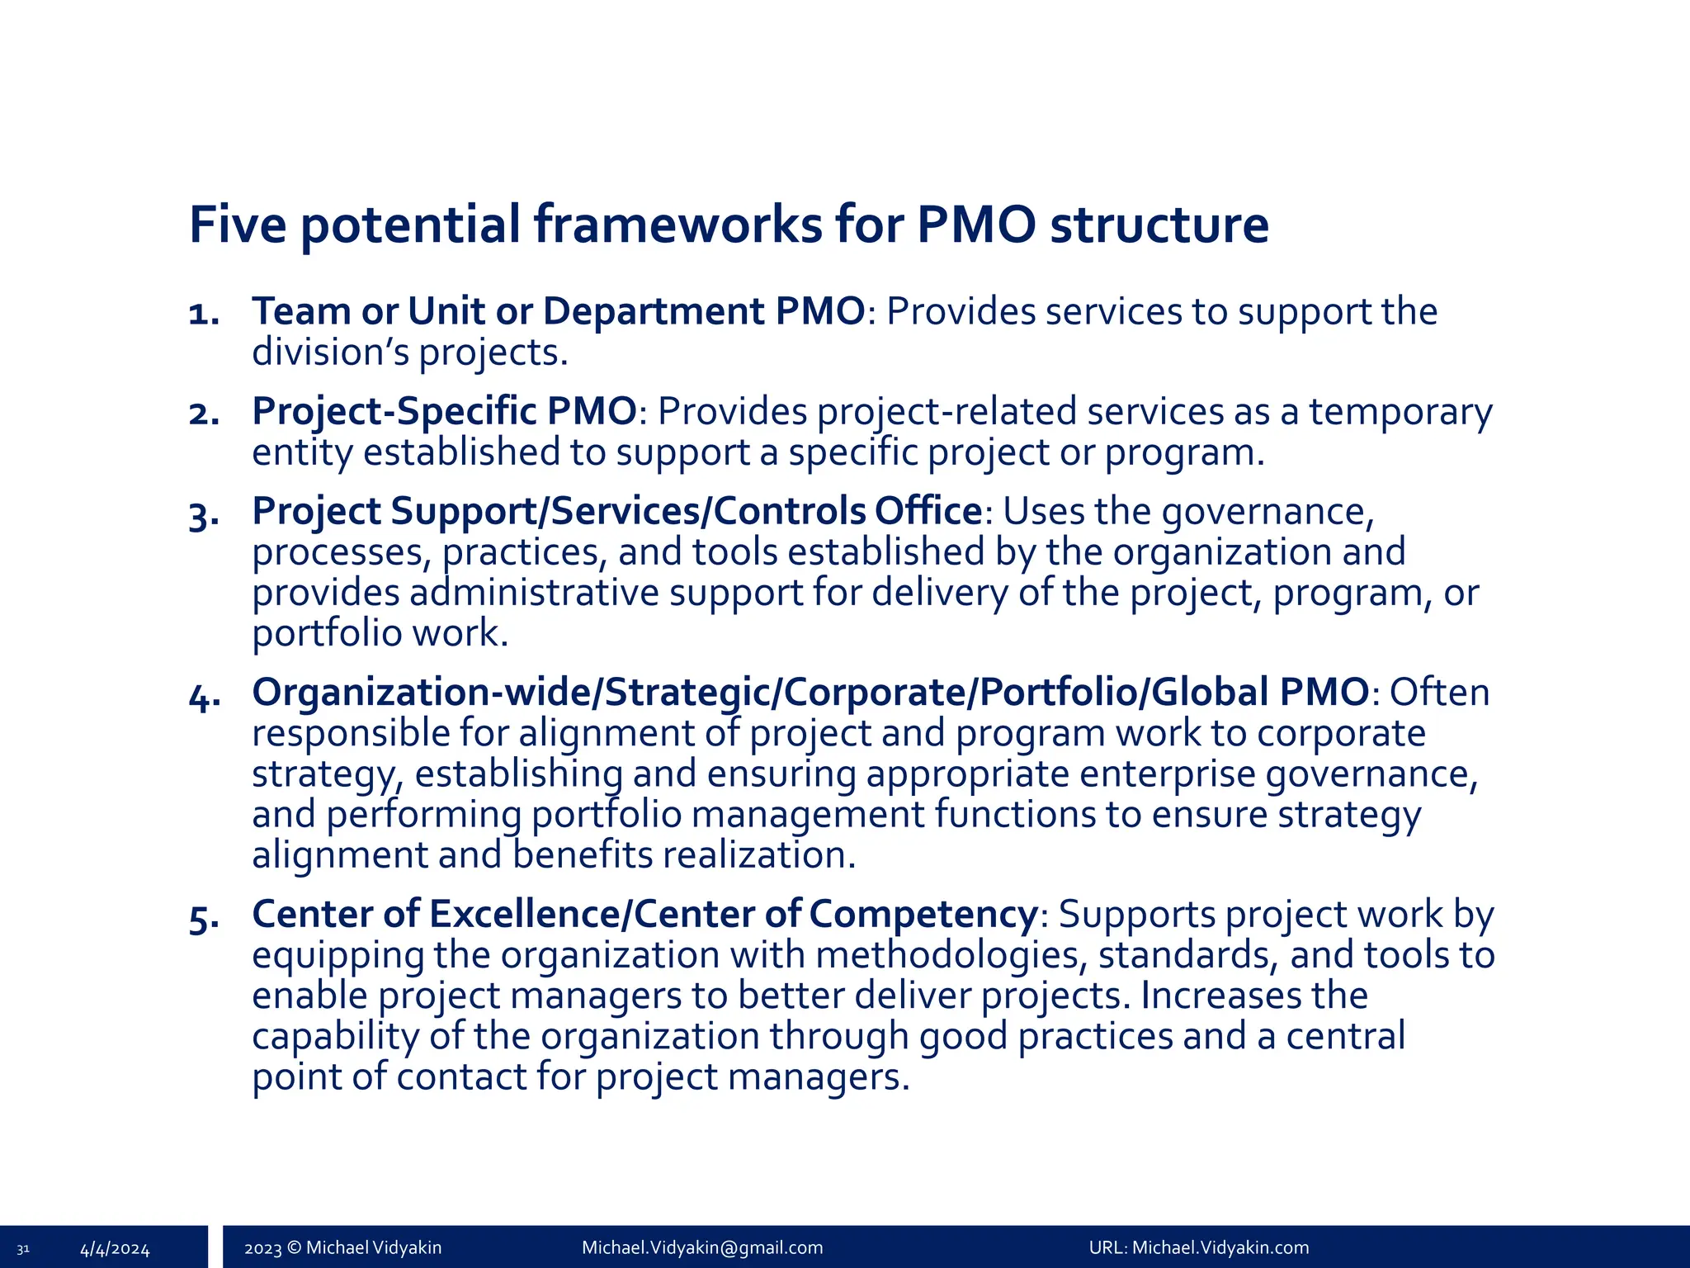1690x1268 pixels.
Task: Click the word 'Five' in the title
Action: [238, 225]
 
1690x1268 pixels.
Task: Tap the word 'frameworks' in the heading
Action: [677, 225]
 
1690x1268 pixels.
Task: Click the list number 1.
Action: [203, 314]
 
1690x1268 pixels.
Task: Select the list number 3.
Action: [203, 515]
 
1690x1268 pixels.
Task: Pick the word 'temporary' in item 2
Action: [1400, 411]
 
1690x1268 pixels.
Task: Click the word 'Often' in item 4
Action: [1439, 692]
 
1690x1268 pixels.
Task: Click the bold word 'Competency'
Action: [923, 914]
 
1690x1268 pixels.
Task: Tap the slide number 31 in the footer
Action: [23, 1248]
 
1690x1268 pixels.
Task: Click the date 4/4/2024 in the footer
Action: [115, 1248]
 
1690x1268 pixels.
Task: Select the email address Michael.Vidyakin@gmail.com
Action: [702, 1247]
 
